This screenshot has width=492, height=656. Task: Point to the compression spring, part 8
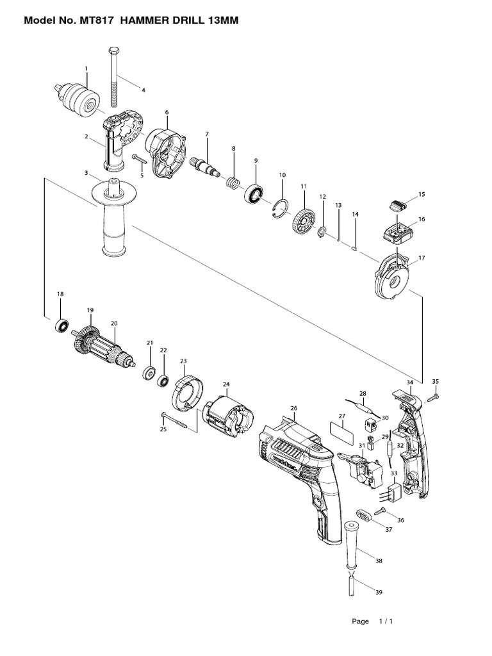234,183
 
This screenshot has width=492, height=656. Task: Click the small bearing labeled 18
61,325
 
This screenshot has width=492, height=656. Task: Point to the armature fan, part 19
83,339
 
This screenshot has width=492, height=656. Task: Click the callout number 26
294,408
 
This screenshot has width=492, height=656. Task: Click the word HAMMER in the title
149,21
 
